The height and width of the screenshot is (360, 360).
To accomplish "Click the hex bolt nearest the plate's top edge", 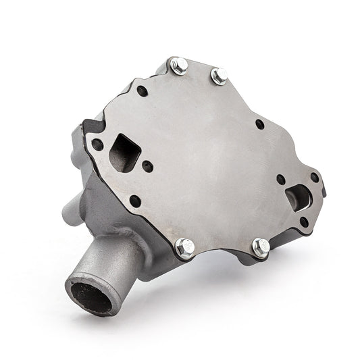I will pos(179,66).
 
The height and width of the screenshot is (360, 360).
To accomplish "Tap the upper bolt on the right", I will pos(220,76).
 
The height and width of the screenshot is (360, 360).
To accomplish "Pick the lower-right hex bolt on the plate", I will pos(261,247).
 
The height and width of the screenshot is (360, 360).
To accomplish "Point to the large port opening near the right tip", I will pos(297,197).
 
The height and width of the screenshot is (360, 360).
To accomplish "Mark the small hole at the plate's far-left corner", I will pos(97,144).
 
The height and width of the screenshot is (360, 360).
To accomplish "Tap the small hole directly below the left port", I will pos(135,200).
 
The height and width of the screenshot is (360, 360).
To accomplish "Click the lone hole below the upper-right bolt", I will pos(260,124).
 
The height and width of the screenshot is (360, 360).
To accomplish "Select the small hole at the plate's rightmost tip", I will pos(315,177).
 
